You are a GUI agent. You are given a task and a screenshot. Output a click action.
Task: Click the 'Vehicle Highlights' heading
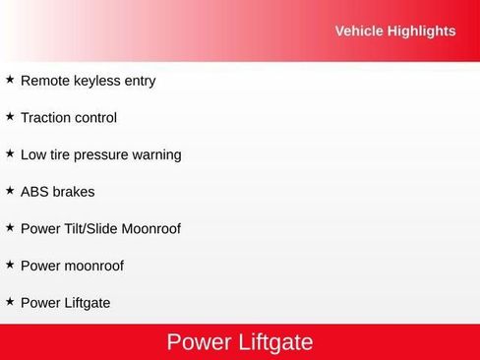coord(394,30)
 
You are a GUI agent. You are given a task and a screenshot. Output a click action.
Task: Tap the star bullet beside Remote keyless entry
coord(10,80)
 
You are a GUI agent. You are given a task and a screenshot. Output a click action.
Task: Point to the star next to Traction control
coord(10,116)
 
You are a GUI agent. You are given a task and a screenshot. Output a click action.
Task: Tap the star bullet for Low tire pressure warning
coord(10,153)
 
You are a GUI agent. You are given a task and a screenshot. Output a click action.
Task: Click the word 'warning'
coord(158,154)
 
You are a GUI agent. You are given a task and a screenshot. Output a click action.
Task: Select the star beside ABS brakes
coord(10,190)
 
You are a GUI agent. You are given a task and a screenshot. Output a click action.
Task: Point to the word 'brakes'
coord(75,192)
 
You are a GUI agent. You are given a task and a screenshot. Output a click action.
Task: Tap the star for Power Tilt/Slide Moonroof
coord(10,227)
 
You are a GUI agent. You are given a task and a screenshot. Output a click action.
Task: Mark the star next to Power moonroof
coord(10,264)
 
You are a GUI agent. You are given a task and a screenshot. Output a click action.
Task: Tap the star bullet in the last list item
coord(10,301)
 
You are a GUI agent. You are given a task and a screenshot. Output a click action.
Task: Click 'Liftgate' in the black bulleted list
coord(86,303)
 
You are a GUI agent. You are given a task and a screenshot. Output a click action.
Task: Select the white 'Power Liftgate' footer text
coord(240,342)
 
